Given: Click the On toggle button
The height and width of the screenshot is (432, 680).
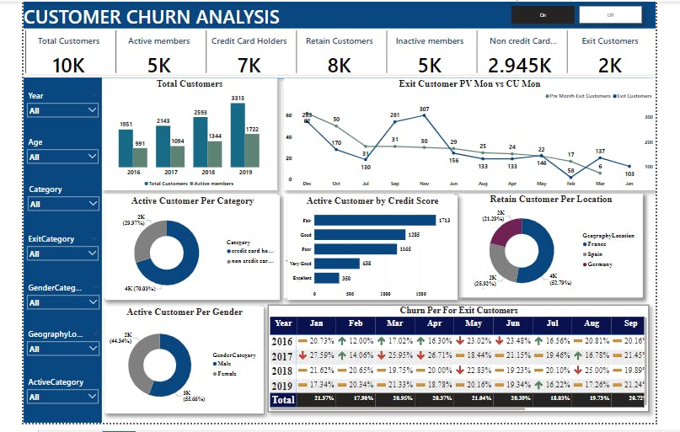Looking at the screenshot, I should click(543, 15).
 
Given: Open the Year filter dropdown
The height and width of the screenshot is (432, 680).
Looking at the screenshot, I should click(63, 110).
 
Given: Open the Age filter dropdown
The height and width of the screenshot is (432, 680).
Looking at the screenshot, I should click(63, 157).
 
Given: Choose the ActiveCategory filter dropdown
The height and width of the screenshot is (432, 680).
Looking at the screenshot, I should click(63, 397).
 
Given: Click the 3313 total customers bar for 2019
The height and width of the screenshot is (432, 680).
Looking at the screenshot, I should click(238, 135).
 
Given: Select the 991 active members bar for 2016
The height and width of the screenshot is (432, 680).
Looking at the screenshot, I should click(140, 157).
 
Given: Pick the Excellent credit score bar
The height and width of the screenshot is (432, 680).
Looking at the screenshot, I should click(327, 278).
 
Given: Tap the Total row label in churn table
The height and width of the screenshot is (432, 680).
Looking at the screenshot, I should click(284, 400).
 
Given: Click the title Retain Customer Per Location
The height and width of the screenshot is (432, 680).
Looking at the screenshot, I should click(550, 200).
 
